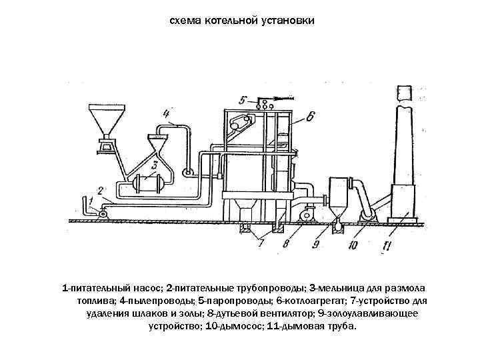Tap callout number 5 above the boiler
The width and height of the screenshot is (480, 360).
(243, 100)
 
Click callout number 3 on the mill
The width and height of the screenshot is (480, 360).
(155, 165)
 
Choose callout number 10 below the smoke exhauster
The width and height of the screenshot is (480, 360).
(353, 245)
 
